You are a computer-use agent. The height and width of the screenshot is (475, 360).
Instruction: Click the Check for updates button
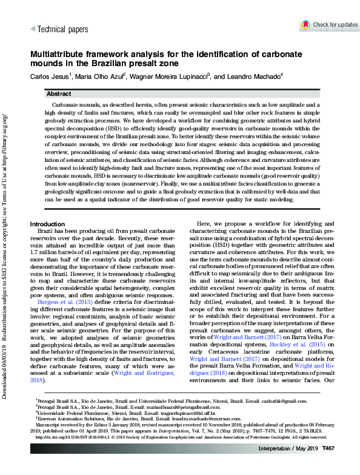(329, 25)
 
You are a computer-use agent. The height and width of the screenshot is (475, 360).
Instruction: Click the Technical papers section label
(62, 29)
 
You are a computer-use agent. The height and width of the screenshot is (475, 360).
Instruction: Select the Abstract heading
(59, 95)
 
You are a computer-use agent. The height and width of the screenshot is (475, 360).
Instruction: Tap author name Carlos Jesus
(51, 77)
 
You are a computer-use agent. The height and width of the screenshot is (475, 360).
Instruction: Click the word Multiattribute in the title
(54, 54)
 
